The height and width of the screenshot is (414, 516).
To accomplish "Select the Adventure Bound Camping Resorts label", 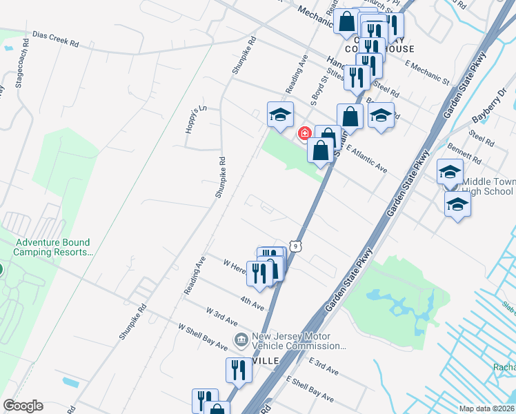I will coord(53,247).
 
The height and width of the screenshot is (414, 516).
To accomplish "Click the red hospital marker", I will coord(303,133).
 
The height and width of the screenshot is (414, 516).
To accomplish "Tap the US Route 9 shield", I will coord(295,246).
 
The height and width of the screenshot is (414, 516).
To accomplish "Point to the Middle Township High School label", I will coord(487,186).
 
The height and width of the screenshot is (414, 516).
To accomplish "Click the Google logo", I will coord(23,406).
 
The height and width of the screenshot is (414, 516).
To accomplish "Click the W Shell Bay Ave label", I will coord(202,335).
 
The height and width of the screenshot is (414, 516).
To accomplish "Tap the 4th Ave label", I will coord(252,302).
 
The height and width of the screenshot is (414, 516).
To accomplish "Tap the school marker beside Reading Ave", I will coord(280,115).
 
